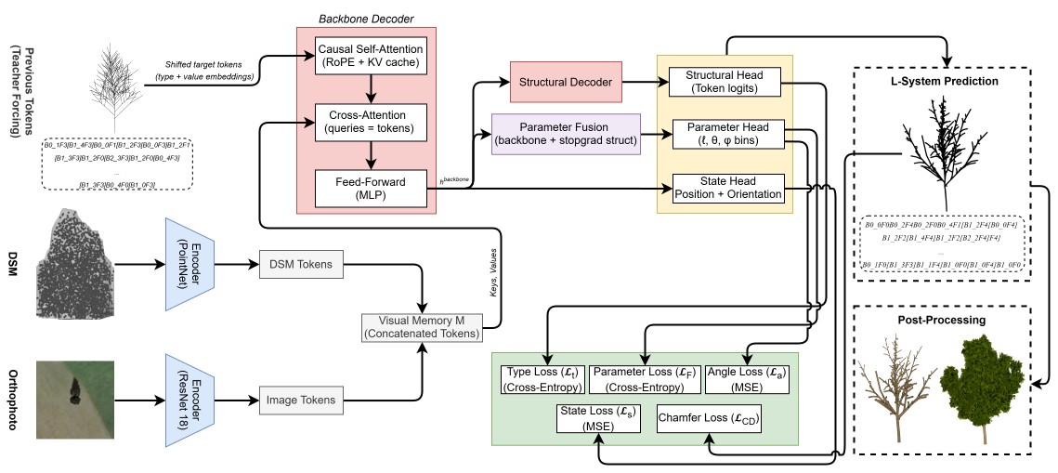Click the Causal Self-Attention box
click(x=371, y=56)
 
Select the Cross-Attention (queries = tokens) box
click(x=371, y=121)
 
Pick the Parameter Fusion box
click(x=566, y=134)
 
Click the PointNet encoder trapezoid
click(x=189, y=265)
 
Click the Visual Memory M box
click(x=424, y=327)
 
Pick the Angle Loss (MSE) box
click(x=748, y=379)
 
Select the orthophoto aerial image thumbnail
click(x=77, y=400)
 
